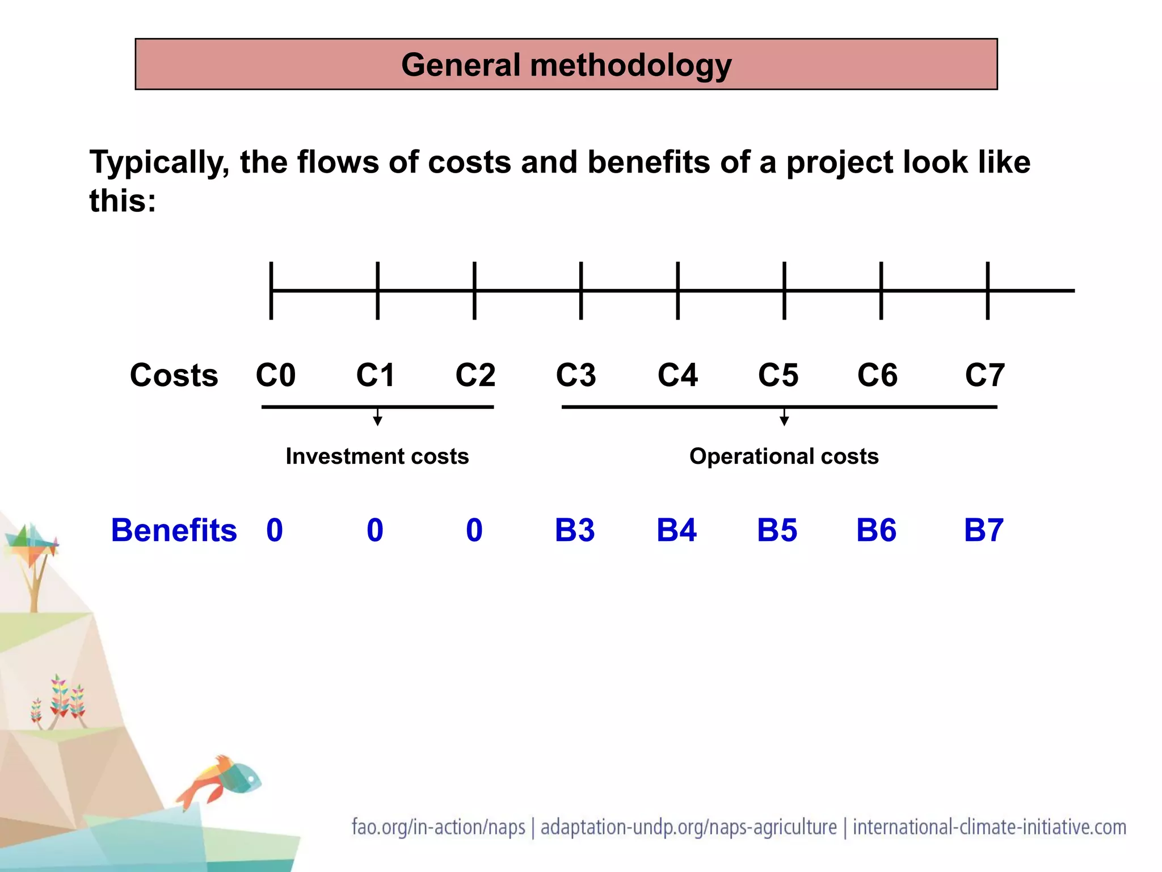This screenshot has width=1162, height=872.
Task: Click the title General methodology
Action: click(x=566, y=65)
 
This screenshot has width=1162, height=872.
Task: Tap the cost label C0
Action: click(x=276, y=375)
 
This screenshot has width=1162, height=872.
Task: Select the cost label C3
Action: click(x=576, y=375)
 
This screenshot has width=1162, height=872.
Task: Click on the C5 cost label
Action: click(x=778, y=375)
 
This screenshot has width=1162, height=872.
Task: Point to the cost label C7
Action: click(x=985, y=375)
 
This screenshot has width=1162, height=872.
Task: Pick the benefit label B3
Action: click(x=575, y=530)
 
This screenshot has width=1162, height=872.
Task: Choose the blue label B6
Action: click(x=876, y=530)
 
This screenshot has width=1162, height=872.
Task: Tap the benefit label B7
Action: click(x=984, y=530)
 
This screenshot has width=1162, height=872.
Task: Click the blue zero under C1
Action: click(x=375, y=530)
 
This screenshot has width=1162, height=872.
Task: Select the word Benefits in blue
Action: click(x=174, y=530)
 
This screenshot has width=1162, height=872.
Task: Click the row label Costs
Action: click(x=174, y=375)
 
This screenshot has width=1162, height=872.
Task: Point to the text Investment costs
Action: click(x=377, y=456)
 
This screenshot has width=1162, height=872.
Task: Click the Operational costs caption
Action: click(x=784, y=456)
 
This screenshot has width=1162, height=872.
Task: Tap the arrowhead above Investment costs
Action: click(x=377, y=421)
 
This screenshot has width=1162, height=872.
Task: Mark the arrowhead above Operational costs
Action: click(x=784, y=421)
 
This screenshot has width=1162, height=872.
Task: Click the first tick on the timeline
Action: click(x=271, y=291)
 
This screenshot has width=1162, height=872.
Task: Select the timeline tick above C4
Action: click(x=677, y=291)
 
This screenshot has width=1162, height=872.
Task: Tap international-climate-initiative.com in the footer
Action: click(x=989, y=827)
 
